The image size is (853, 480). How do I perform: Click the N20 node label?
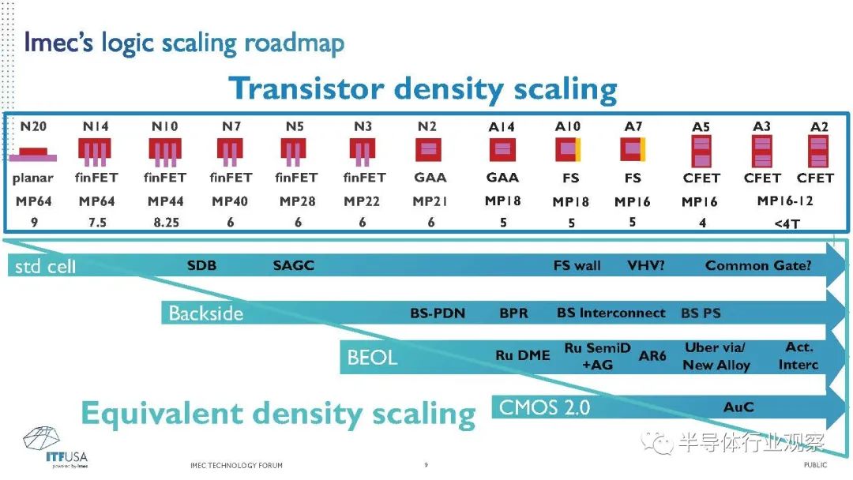pos(33,126)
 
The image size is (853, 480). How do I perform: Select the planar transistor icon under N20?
pos(33,155)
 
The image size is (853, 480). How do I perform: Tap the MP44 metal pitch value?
pos(165,201)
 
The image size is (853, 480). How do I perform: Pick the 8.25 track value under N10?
pos(166,223)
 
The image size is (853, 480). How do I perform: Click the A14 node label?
pos(502,127)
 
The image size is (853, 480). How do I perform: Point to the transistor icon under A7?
pos(633,149)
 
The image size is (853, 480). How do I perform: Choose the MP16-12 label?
pos(785,201)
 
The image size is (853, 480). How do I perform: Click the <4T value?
pos(787,223)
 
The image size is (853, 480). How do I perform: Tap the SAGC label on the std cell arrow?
pos(294,265)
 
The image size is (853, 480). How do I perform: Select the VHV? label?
pos(646,266)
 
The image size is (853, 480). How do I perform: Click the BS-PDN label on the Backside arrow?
pos(438,313)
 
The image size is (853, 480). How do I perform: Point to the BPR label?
pos(513,313)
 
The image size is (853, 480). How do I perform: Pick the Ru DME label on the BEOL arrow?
pos(522,355)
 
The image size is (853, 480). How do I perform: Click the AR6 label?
pos(652,356)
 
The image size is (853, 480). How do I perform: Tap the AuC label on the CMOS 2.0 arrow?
pos(738,407)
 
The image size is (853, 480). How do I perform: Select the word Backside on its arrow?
pos(205,313)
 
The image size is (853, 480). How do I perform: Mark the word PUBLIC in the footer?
pos(815,465)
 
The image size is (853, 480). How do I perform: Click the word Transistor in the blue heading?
pos(306,88)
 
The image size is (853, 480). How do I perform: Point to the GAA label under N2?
pos(430,178)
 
